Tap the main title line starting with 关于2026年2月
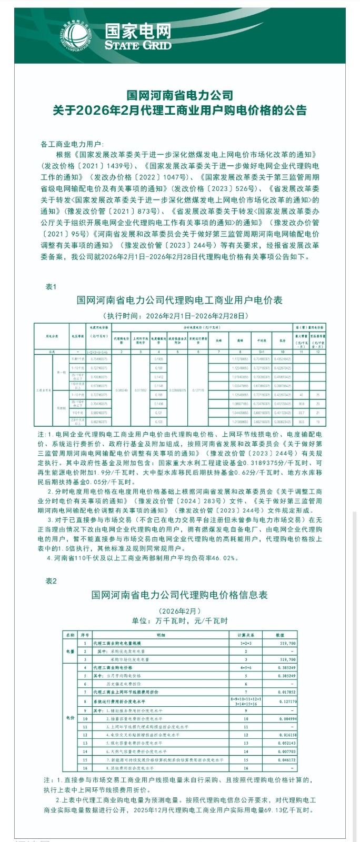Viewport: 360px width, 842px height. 180,110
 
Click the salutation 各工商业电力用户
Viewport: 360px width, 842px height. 73,144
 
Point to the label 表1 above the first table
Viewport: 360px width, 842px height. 51,286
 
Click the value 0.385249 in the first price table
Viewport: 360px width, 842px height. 121,390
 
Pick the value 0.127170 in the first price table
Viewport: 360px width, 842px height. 197,390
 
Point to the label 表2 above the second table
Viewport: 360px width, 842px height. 51,581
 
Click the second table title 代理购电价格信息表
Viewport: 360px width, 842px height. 180,595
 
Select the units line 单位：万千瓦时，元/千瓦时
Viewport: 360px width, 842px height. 180,621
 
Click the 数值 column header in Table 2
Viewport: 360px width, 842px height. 280,635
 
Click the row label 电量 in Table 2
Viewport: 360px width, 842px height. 70,651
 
